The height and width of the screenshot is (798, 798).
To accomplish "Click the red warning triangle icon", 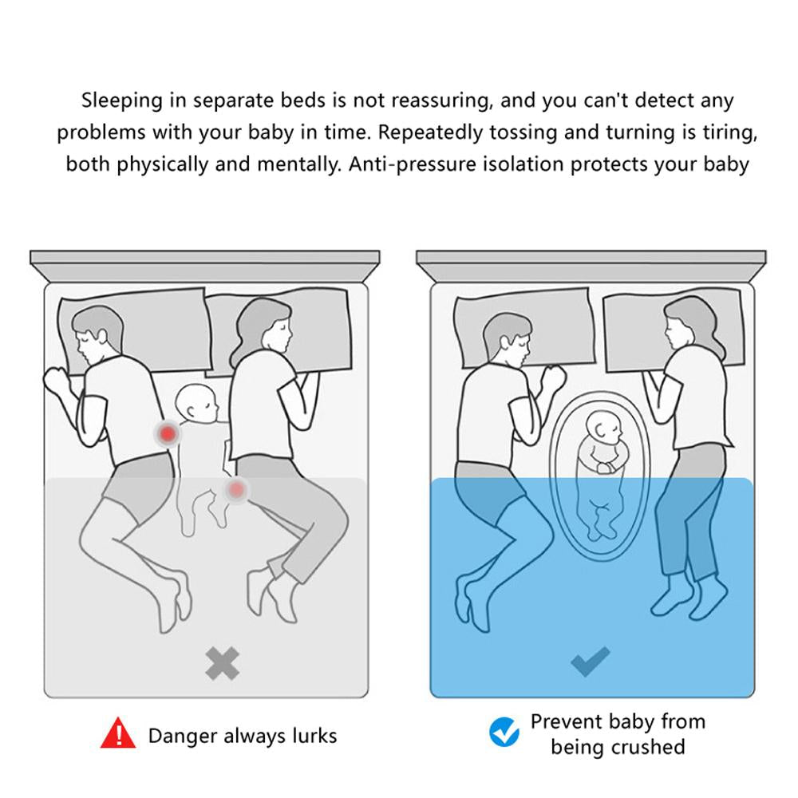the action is [x=118, y=733].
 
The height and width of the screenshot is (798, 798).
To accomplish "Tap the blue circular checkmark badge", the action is [x=504, y=732].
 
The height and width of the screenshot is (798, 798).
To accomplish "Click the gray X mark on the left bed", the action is [x=223, y=664].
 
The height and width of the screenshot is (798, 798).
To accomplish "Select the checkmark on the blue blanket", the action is [x=591, y=661].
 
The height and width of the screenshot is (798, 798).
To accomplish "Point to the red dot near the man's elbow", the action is [x=168, y=434].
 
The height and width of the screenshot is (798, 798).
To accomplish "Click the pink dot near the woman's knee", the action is [x=236, y=490].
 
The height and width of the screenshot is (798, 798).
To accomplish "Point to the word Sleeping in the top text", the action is [x=122, y=101].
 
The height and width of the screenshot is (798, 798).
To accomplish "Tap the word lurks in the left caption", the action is [x=314, y=737].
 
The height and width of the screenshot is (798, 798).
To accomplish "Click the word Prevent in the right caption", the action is [x=566, y=721].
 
